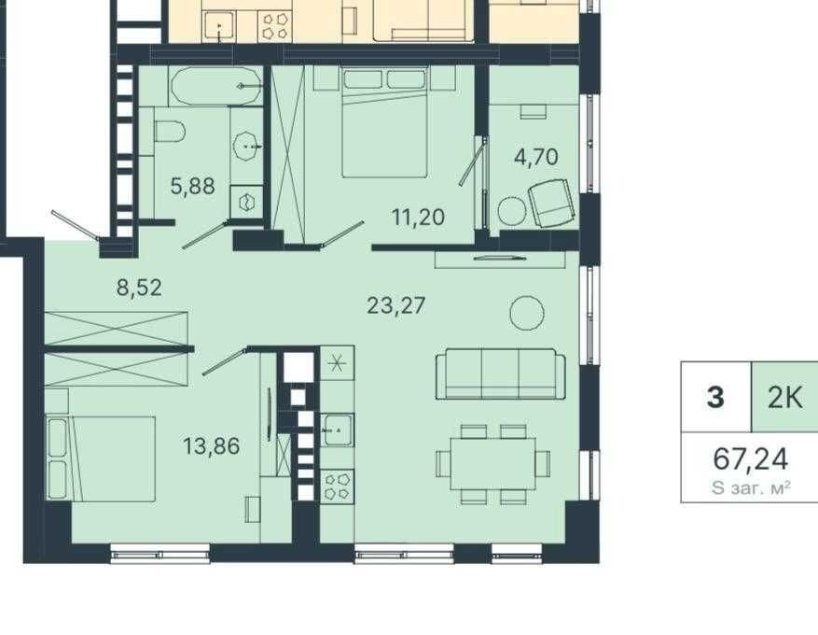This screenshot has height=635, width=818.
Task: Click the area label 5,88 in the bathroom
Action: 192,186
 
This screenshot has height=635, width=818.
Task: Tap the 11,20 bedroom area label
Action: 418,217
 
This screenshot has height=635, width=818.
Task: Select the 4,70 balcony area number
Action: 535,157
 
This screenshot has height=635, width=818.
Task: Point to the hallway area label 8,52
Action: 139,288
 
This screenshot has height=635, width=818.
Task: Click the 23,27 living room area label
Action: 396,305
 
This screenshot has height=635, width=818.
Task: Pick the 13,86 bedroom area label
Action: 212,446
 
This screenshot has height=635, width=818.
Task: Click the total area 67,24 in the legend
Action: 751,459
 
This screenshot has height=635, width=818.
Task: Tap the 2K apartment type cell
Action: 784,398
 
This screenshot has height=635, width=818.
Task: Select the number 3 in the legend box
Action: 715,398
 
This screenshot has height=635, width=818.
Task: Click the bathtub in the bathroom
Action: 216,86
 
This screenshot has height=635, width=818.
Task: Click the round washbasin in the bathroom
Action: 247,147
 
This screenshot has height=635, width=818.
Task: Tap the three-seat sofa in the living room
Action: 500,374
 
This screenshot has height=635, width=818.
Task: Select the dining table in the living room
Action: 493,464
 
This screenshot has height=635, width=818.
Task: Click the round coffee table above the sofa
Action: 527,313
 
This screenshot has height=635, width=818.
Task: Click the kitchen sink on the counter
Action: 337,430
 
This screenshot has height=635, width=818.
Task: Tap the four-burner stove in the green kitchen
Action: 337,487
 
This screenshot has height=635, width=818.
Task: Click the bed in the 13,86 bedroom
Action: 102,459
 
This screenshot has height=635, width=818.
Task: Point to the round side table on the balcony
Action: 512,211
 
